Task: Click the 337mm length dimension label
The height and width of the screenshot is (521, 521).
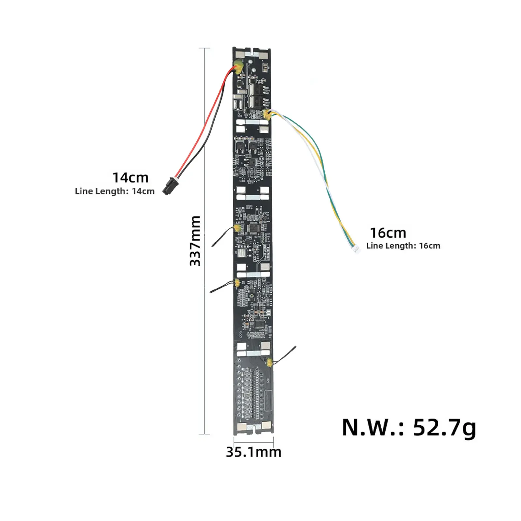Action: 195,241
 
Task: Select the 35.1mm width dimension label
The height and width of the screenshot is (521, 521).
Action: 254,452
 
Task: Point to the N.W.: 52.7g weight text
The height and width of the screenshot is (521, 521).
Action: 409,428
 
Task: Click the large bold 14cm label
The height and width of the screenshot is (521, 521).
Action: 130,178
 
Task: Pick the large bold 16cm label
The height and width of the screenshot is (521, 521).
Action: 388,233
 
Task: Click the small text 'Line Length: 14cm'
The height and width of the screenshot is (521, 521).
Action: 115,191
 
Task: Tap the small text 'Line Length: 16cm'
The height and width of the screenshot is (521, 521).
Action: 403,246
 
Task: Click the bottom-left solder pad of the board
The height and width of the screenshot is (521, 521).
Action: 242,427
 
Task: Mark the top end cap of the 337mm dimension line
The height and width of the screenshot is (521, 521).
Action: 204,48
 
